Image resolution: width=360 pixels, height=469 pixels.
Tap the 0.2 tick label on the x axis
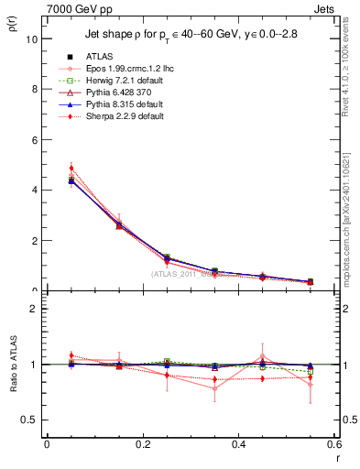tap(142, 444)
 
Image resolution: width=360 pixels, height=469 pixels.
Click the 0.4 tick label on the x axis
tap(238, 444)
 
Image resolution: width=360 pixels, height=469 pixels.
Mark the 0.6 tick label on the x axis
tap(333, 444)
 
